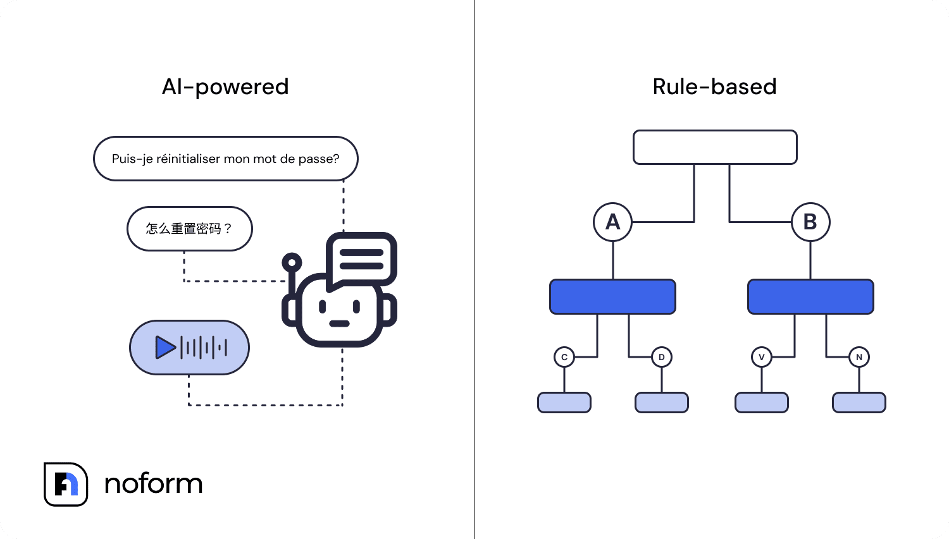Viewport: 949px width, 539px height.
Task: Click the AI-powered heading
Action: pyautogui.click(x=225, y=87)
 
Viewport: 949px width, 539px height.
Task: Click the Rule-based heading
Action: pyautogui.click(x=714, y=87)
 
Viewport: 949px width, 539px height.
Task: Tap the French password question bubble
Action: pyautogui.click(x=225, y=159)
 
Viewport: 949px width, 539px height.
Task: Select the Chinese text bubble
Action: pyautogui.click(x=189, y=229)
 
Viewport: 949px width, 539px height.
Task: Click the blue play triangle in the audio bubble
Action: pyautogui.click(x=165, y=348)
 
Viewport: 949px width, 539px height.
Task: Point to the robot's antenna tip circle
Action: pyautogui.click(x=292, y=262)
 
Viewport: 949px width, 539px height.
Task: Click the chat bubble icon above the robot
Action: pyautogui.click(x=361, y=259)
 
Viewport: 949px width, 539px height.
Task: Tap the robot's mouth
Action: pyautogui.click(x=339, y=324)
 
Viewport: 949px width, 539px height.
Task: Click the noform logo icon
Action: pyautogui.click(x=66, y=484)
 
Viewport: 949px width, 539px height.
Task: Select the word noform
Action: pyautogui.click(x=153, y=484)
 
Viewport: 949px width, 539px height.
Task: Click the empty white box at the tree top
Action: pyautogui.click(x=715, y=147)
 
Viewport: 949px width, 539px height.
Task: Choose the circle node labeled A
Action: pyautogui.click(x=612, y=222)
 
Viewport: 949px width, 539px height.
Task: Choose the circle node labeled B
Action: pyautogui.click(x=810, y=222)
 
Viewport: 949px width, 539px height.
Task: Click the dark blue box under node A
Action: pyautogui.click(x=612, y=296)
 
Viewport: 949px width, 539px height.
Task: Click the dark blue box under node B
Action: pyautogui.click(x=810, y=296)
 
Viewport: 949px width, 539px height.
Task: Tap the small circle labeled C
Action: pyautogui.click(x=564, y=357)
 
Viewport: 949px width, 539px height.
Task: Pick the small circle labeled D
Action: pyautogui.click(x=662, y=357)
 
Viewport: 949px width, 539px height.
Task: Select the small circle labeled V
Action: pyautogui.click(x=762, y=357)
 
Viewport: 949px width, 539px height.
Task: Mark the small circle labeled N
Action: pyautogui.click(x=859, y=357)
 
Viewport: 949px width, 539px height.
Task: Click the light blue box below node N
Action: pyautogui.click(x=859, y=403)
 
